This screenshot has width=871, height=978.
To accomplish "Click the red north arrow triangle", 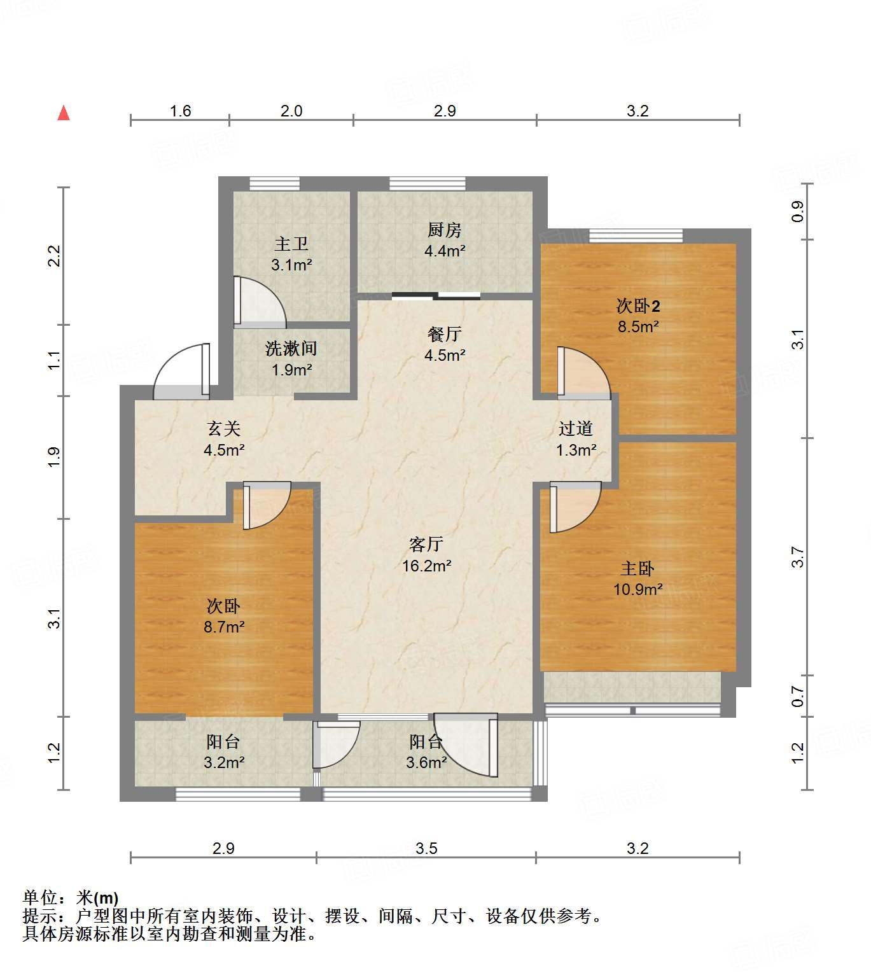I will point(64,113).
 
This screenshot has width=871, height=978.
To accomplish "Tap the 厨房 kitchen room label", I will point(444,230).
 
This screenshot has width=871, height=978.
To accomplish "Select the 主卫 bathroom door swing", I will point(258,302).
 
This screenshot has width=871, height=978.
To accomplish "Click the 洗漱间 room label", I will point(291,349).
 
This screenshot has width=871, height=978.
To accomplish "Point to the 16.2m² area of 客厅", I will point(426,566).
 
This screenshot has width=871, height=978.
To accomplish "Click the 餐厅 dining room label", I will point(444,334).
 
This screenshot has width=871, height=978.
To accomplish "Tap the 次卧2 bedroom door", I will point(582,372).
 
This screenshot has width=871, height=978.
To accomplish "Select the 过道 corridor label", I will point(576,429).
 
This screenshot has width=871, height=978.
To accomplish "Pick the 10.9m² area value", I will point(638,589).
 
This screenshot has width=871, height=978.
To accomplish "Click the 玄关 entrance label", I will point(223,429).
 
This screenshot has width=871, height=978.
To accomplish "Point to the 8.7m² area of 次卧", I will point(224,627).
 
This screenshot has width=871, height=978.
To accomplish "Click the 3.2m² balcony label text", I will point(224,762).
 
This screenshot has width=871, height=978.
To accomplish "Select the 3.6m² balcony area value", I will point(426,762).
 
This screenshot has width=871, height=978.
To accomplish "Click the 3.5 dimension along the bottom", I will point(426,848).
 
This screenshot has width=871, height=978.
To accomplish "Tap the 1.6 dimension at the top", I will point(180,111).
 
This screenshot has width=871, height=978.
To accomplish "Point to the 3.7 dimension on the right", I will point(798,557).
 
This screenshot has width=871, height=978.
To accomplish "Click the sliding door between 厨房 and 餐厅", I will point(436,295).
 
